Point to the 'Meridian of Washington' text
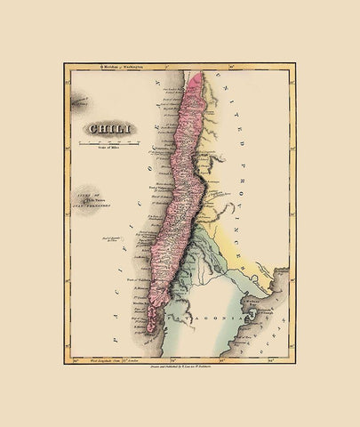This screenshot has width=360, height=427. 124,66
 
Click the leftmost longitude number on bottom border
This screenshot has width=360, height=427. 75,360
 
